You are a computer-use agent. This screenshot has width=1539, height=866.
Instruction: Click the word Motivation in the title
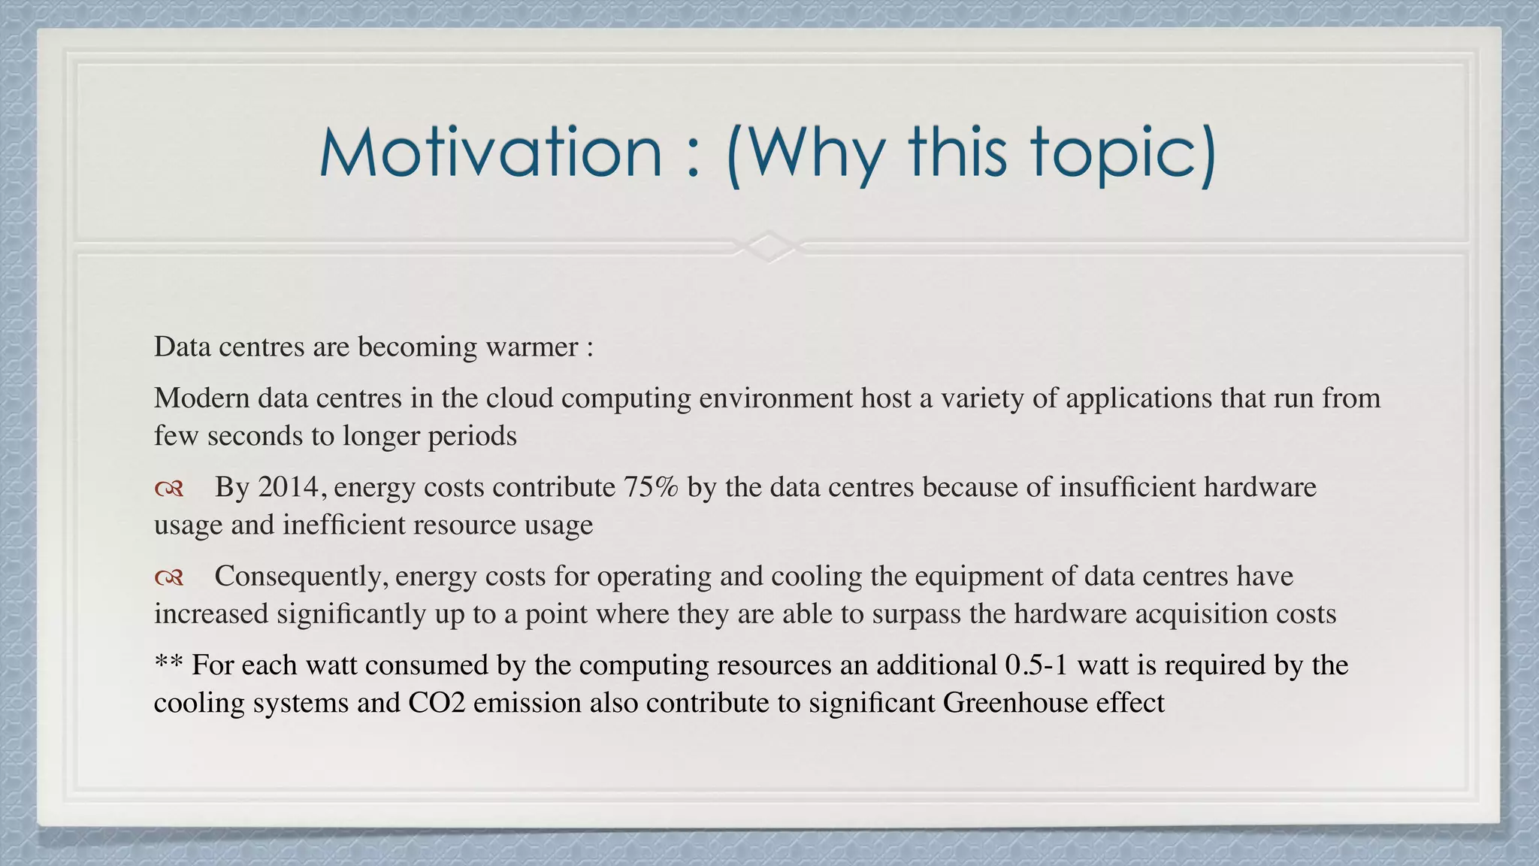[491, 153]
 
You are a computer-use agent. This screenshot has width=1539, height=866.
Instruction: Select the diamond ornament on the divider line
[769, 246]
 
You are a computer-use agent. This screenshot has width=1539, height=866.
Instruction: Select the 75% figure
[651, 488]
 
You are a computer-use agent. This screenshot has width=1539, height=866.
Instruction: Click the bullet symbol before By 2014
[169, 490]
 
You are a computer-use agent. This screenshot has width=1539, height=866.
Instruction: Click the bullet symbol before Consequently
[169, 578]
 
